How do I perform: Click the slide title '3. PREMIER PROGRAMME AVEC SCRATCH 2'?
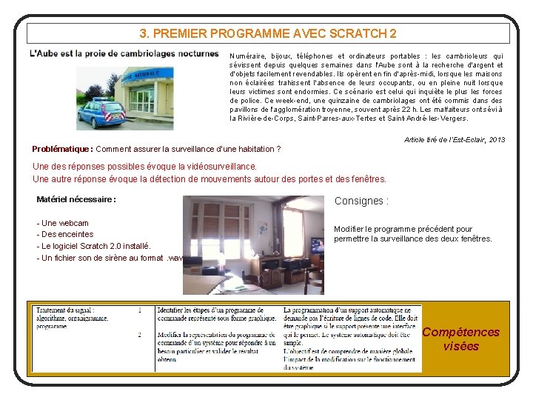coord(268,33)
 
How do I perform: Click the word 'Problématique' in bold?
coord(61,149)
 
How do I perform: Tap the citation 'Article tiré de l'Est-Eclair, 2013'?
coord(455,139)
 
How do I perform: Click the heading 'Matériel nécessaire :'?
coord(76,199)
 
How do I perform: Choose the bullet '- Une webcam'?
coord(62,223)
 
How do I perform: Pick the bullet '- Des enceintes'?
coord(65,234)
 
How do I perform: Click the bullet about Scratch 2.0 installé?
coord(93,246)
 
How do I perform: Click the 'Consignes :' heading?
coord(361,201)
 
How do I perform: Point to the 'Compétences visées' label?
coord(460,339)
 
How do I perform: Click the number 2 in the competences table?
coord(139,335)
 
